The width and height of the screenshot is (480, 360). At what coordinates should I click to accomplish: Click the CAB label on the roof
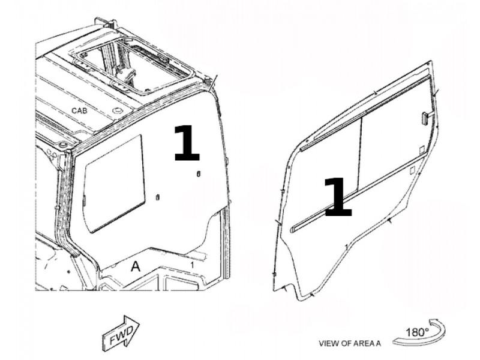click(79, 110)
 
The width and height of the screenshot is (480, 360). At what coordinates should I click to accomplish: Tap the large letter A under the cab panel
click(136, 266)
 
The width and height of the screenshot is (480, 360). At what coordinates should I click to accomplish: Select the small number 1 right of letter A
click(192, 265)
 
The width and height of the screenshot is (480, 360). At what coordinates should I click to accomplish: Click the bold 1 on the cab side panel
click(187, 143)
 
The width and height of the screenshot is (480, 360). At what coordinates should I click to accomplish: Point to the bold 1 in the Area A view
click(337, 197)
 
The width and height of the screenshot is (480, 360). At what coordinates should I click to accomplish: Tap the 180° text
click(417, 332)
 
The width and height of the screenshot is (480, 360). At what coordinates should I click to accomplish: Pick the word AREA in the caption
click(359, 343)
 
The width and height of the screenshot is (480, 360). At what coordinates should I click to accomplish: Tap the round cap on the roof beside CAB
click(117, 110)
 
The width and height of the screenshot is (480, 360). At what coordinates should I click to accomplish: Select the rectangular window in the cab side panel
click(115, 184)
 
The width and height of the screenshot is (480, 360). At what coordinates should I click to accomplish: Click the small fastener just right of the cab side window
click(158, 197)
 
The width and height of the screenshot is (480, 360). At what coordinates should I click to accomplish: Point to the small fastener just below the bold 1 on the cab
click(199, 174)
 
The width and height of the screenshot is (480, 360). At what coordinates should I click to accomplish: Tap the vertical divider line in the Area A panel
click(359, 154)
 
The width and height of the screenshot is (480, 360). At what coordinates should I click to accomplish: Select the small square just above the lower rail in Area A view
click(422, 149)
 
